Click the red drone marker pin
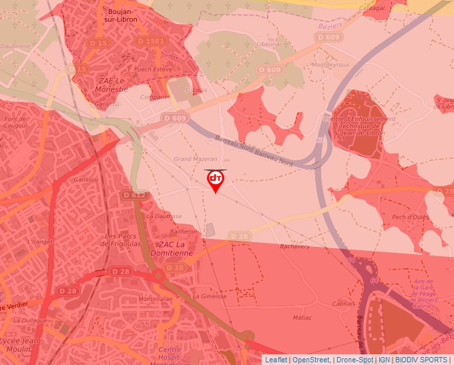coord(216,181)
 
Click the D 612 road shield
coord(134,195)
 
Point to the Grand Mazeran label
coord(196,159)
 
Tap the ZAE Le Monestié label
coord(103,85)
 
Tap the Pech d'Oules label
coord(411,217)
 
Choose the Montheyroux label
coord(331,65)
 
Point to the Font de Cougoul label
coord(15,122)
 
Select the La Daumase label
coord(164,216)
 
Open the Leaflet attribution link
coord(276,360)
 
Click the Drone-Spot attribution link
coord(355,360)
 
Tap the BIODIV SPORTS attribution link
coord(421,360)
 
